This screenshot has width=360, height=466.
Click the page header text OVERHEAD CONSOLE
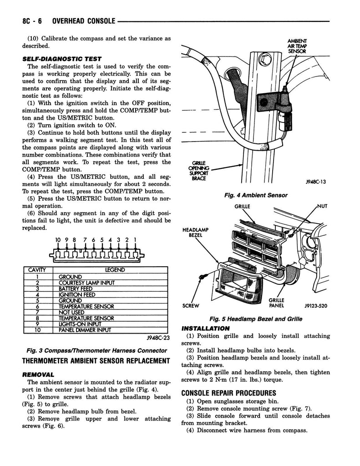coord(84,21)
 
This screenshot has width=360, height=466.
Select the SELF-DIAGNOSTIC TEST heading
coord(61,59)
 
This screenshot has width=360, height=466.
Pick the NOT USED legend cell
coord(71,312)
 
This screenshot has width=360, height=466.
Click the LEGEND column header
coord(115,270)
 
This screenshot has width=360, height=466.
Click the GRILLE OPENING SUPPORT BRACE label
coord(199,171)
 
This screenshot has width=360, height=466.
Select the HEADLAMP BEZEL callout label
coord(196,233)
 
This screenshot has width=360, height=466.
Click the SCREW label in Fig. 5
coord(192,305)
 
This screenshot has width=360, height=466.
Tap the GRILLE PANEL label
coord(277,303)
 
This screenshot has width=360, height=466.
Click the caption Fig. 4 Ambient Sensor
coord(256,195)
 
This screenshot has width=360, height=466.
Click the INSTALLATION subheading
coord(205,328)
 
